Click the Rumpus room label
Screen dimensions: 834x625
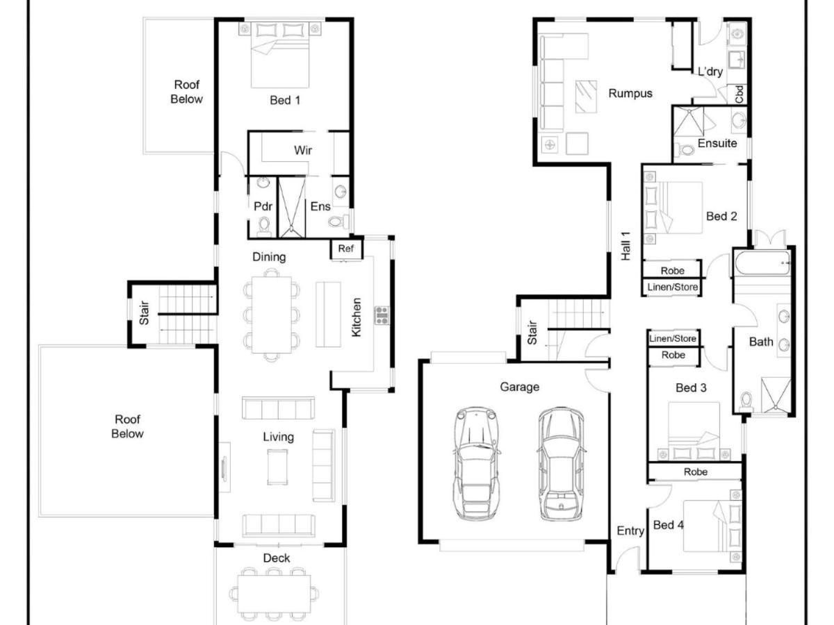click(x=630, y=93)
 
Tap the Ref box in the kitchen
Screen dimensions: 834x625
click(x=345, y=249)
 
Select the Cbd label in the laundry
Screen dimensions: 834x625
click(x=739, y=94)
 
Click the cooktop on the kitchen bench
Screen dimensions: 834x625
click(x=382, y=315)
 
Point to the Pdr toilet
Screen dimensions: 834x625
click(x=263, y=224)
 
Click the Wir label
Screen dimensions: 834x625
click(x=303, y=150)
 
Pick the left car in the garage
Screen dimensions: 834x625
click(x=475, y=464)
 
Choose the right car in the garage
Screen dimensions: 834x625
click(x=561, y=464)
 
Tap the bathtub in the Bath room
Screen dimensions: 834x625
click(x=762, y=262)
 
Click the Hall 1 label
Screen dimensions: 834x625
click(x=625, y=246)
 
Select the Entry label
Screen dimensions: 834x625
click(x=630, y=531)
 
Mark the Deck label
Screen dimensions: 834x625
click(x=276, y=558)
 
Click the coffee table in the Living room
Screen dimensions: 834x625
click(x=277, y=467)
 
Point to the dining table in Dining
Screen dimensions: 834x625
click(x=271, y=315)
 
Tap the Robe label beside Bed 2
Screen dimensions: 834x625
click(x=672, y=271)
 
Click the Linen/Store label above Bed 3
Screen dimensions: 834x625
click(x=673, y=338)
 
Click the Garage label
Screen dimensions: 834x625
click(x=519, y=387)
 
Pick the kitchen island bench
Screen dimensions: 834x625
click(x=328, y=314)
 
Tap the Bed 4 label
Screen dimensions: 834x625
click(x=669, y=525)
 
